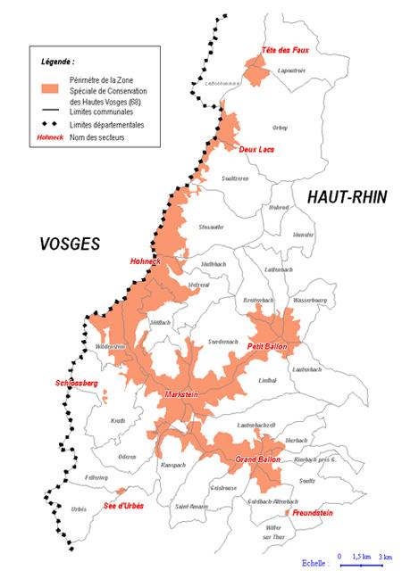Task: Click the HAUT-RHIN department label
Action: (x=347, y=197)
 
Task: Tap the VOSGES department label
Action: (x=70, y=243)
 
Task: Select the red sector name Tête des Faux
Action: (x=284, y=49)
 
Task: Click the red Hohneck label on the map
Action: (x=145, y=261)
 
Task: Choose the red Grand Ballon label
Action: (x=258, y=459)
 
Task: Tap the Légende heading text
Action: (x=58, y=62)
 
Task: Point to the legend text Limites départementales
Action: (x=101, y=125)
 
